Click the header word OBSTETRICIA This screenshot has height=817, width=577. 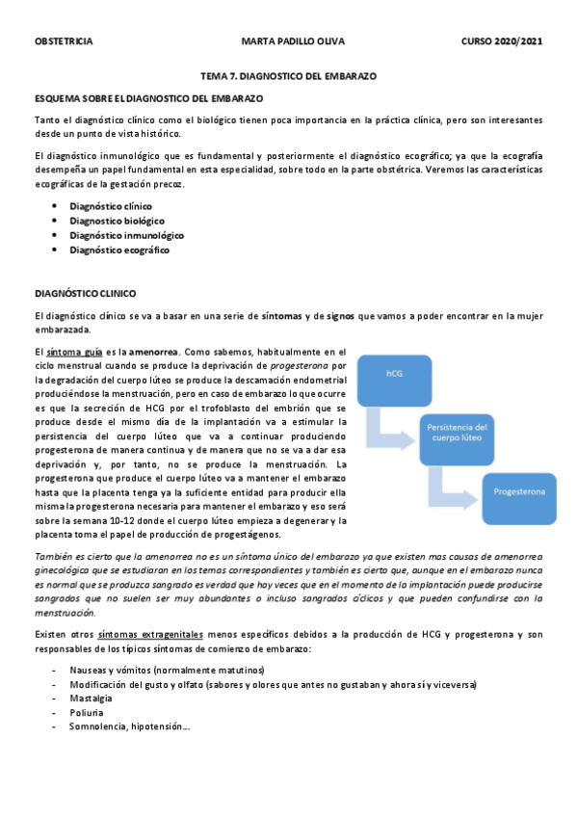(x=64, y=41)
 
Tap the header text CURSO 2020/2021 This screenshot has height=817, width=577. (x=501, y=41)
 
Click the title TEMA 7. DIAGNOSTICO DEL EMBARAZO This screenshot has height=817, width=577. (x=288, y=74)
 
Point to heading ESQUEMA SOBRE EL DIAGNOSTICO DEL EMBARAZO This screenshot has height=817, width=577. (x=148, y=98)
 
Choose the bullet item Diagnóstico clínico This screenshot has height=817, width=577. (x=110, y=206)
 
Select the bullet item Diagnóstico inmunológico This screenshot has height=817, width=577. (x=126, y=235)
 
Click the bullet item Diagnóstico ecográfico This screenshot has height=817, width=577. (x=118, y=250)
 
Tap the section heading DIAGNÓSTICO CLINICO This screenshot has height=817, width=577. (x=85, y=292)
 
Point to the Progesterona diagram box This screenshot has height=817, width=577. (x=520, y=491)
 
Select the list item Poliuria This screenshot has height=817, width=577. (x=88, y=712)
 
